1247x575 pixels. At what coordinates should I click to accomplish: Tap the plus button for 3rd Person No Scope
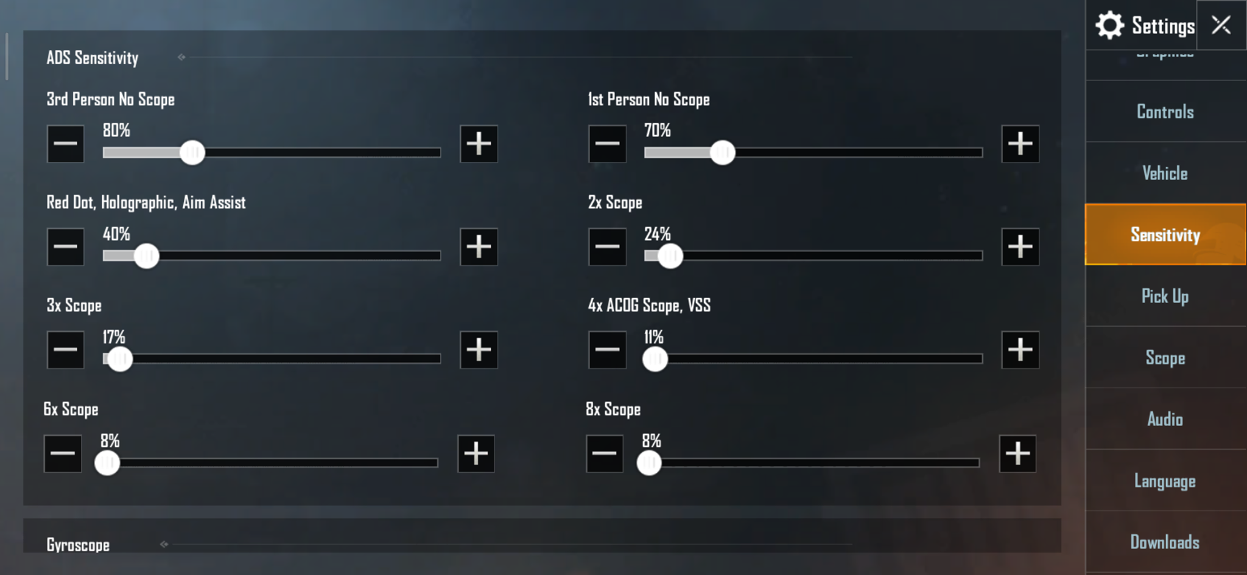tap(479, 144)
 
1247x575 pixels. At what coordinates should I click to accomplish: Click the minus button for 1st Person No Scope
tap(607, 144)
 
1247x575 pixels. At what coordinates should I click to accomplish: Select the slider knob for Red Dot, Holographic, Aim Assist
tap(146, 256)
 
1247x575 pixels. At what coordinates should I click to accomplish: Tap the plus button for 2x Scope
tap(1020, 246)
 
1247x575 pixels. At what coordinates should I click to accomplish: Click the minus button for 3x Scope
tap(66, 350)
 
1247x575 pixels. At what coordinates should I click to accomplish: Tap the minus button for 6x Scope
tap(63, 453)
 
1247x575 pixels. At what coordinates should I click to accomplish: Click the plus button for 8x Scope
tap(1017, 453)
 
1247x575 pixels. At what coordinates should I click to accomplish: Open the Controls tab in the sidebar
tap(1165, 111)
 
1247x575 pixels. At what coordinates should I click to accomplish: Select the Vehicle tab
tap(1165, 173)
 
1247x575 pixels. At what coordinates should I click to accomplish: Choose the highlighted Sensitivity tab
tap(1165, 234)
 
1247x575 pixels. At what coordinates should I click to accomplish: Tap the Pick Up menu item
tap(1165, 296)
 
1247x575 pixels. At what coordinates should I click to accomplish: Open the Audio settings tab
tap(1165, 419)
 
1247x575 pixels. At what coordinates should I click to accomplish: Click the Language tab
tap(1165, 481)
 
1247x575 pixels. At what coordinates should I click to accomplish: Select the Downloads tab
tap(1165, 542)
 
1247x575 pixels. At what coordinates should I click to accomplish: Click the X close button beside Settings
tap(1221, 25)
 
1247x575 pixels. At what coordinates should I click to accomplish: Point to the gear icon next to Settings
tap(1110, 26)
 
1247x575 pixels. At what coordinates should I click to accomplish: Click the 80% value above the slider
tap(116, 130)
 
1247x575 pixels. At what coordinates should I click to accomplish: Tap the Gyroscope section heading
tap(78, 545)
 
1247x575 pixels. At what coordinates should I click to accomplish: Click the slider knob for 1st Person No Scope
tap(723, 152)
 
